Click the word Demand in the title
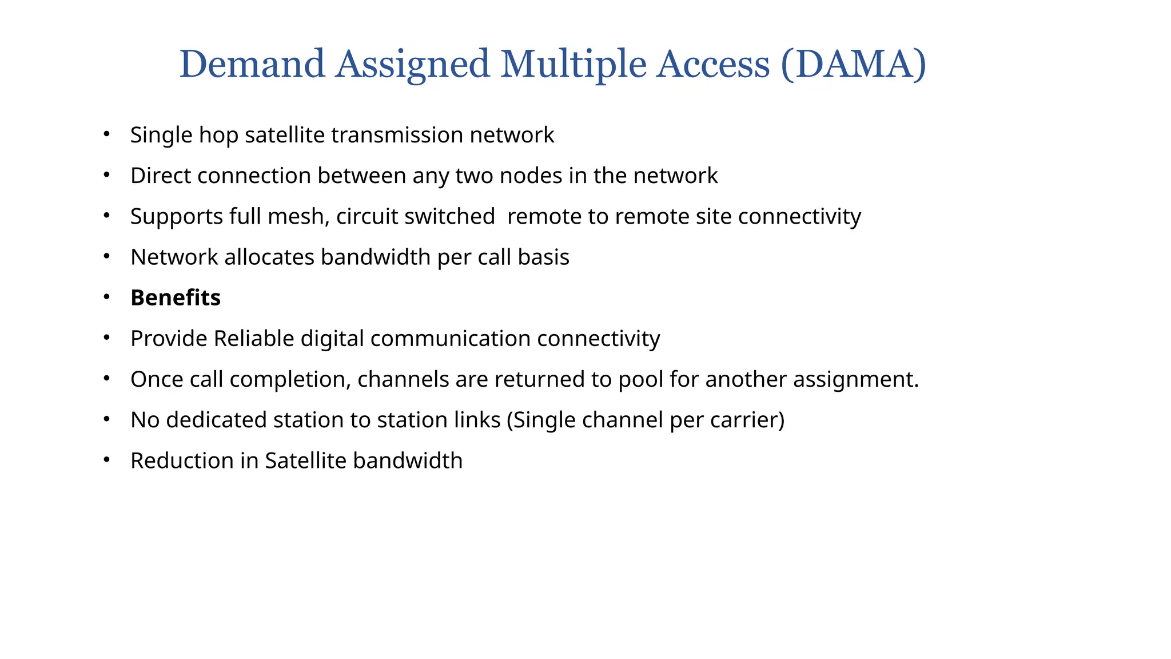pos(252,64)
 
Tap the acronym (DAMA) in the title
pos(853,64)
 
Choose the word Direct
pos(161,176)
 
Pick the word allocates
pos(269,257)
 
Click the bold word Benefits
pos(176,298)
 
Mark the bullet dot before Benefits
pos(106,297)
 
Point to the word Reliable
pos(254,339)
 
